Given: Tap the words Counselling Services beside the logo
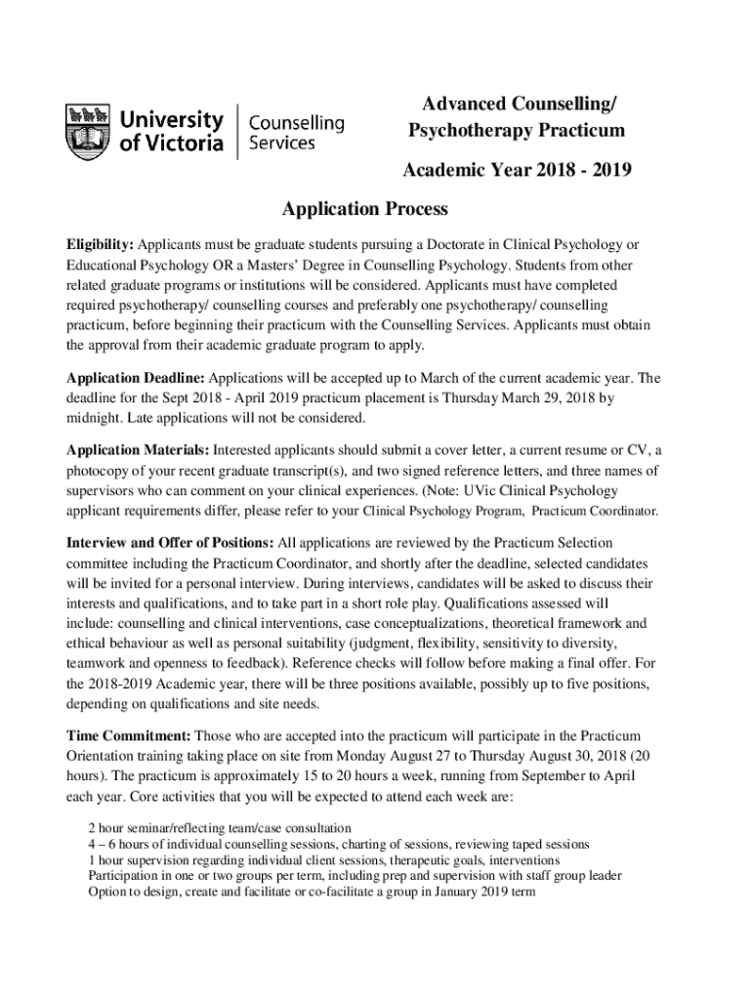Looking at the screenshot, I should [x=297, y=133].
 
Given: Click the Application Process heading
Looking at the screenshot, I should [x=364, y=209].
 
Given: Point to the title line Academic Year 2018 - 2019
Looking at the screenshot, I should [x=517, y=171].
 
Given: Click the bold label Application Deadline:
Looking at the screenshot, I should [x=135, y=377].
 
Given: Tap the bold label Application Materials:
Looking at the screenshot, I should [x=137, y=449].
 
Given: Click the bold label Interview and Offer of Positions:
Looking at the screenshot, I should [x=170, y=541].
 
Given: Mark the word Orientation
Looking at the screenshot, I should [x=102, y=755].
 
